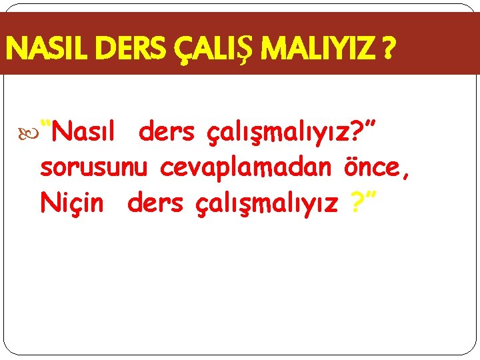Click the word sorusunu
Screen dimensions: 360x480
93,168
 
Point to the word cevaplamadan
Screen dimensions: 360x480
245,169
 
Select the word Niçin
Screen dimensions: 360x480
72,203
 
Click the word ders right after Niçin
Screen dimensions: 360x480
154,203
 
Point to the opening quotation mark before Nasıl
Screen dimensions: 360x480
47,125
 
